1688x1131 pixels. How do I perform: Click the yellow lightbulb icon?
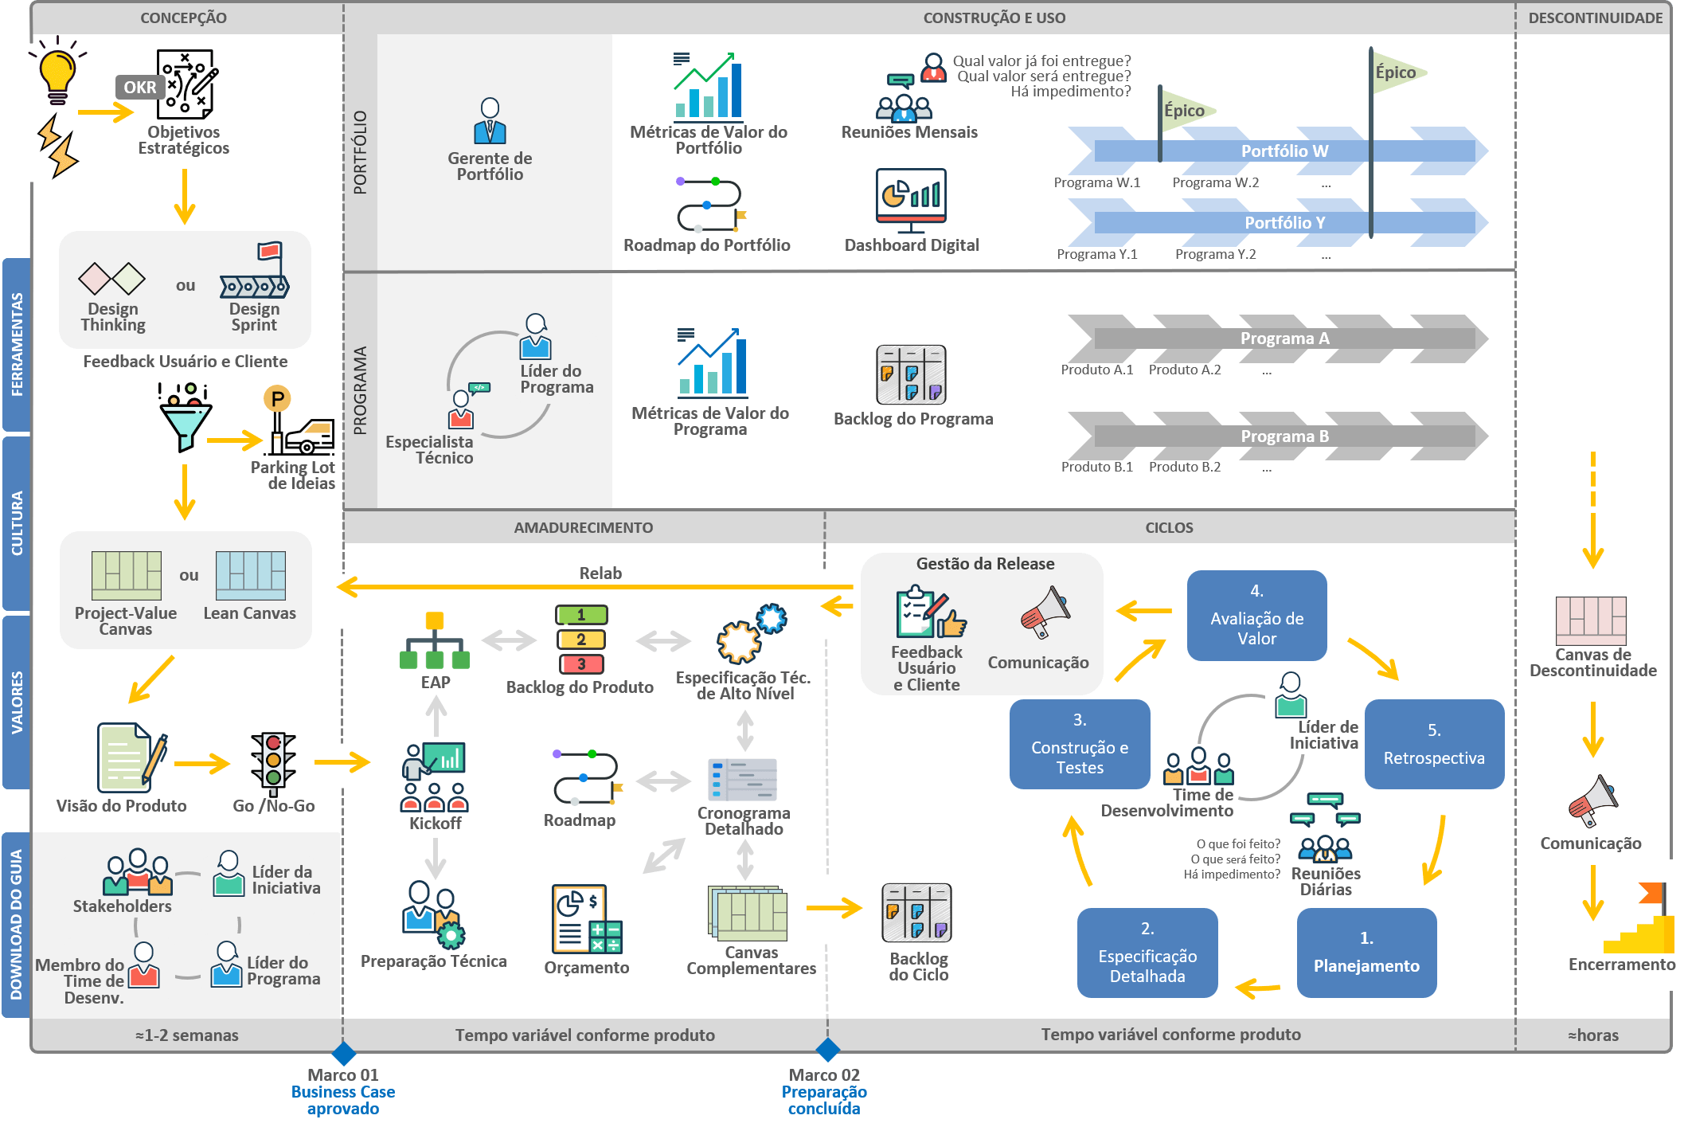point(57,74)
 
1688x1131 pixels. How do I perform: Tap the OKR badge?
point(140,88)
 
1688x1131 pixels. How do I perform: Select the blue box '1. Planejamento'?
point(1366,953)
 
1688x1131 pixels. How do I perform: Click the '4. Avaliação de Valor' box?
point(1256,615)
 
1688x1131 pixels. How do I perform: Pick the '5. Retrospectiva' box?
point(1434,745)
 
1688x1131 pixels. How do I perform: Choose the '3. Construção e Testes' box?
point(1080,745)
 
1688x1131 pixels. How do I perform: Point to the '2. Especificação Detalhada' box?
point(1147,953)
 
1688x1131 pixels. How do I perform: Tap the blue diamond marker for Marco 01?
point(343,1053)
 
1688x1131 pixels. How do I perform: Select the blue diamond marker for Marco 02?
point(828,1050)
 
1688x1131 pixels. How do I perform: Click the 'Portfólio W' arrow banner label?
point(1284,151)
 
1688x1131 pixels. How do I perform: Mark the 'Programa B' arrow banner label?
point(1284,436)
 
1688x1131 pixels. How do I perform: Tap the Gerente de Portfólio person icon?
point(490,121)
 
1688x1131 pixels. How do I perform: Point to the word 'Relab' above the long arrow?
point(600,573)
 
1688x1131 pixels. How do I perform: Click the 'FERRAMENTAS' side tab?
point(17,344)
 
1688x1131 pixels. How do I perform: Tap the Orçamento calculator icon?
point(587,920)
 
